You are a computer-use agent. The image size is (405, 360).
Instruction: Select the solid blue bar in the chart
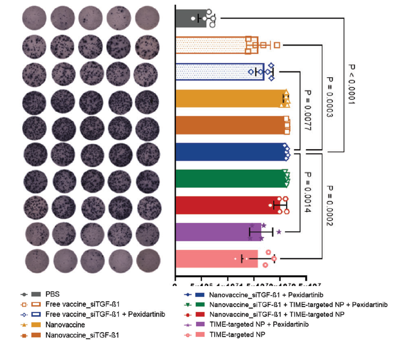click(x=229, y=151)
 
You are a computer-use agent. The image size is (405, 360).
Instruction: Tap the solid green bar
click(x=229, y=178)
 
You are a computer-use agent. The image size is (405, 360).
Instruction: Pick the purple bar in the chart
click(x=215, y=232)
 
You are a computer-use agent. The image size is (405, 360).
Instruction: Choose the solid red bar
click(x=224, y=205)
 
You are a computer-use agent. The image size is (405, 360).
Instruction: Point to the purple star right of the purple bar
click(x=279, y=232)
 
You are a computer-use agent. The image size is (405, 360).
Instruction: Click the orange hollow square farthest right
click(x=277, y=45)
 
